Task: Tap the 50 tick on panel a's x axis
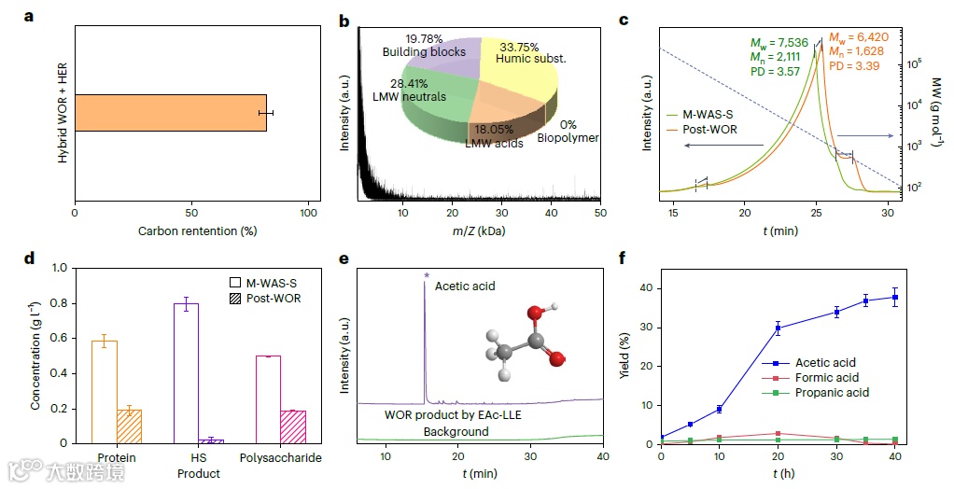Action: tap(191, 213)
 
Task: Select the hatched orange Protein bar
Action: tap(128, 426)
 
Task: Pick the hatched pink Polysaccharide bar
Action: tap(292, 427)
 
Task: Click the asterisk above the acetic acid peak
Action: tap(426, 274)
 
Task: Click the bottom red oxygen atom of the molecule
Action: tap(557, 357)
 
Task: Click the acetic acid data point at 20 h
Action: tap(778, 328)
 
